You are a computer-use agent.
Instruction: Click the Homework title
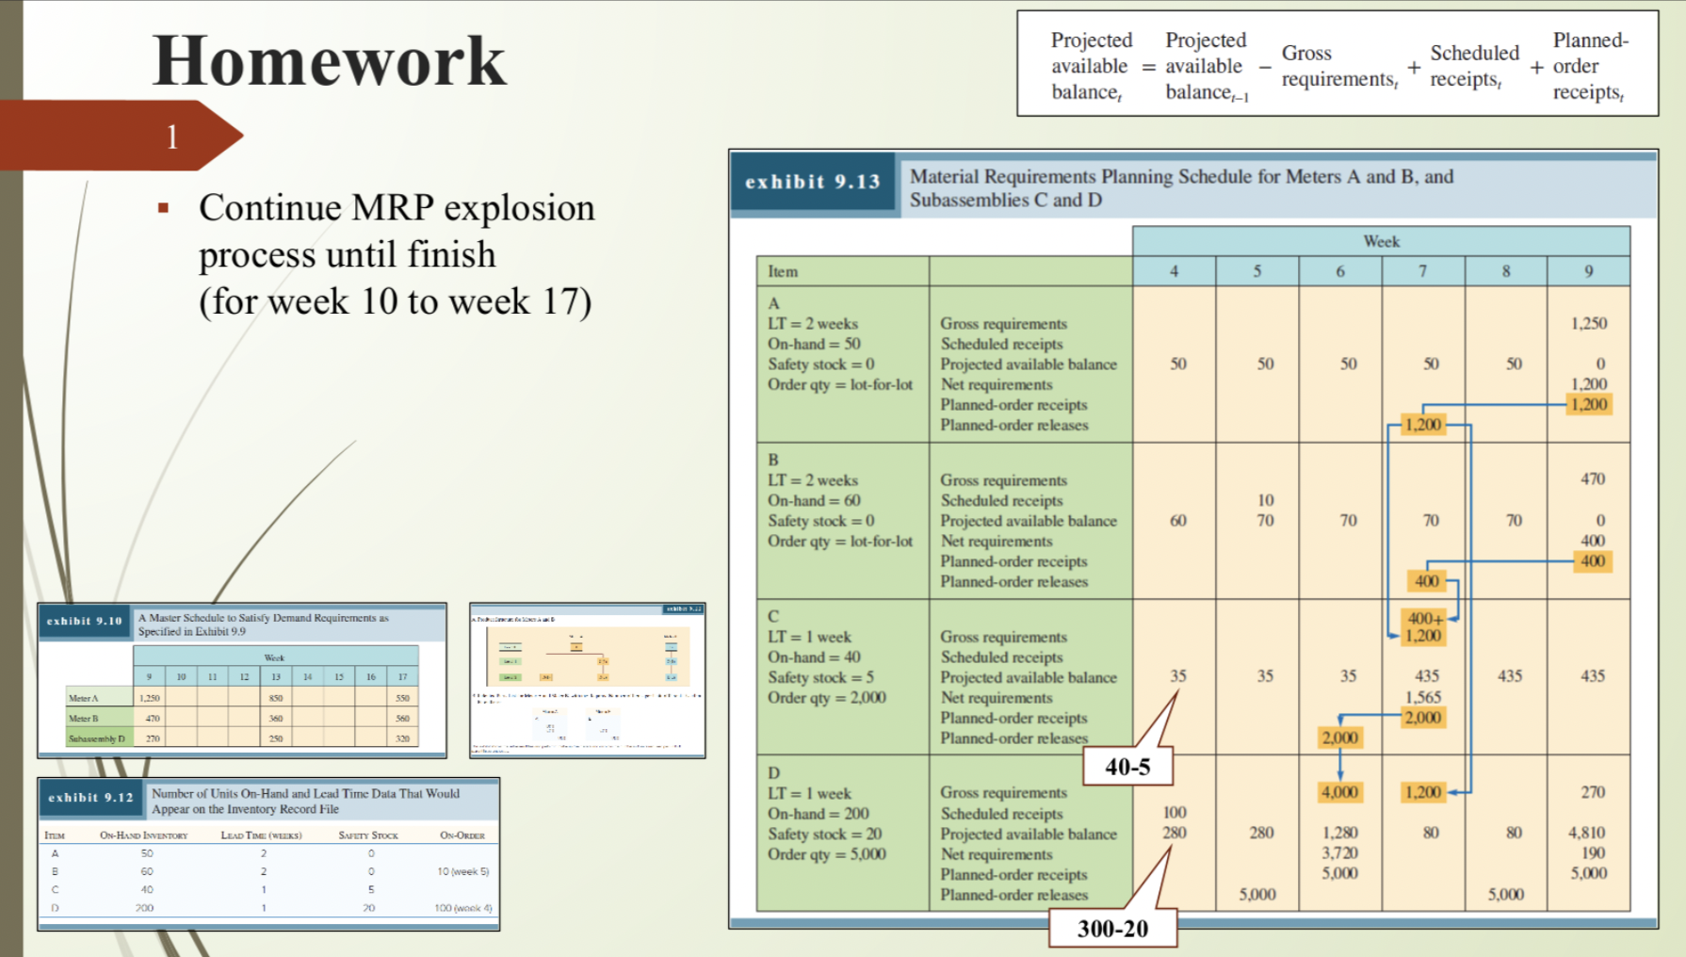coord(330,61)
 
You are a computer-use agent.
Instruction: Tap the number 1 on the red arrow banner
coord(172,138)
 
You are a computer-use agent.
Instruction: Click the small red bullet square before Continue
coord(164,208)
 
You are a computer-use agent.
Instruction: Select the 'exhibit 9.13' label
coord(813,183)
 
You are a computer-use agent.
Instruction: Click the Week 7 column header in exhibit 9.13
coord(1422,271)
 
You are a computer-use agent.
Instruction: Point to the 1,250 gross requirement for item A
coord(1588,324)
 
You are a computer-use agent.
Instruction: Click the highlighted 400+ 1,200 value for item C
coord(1423,627)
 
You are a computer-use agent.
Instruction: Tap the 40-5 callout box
coord(1127,767)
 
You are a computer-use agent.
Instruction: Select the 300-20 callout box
coord(1112,929)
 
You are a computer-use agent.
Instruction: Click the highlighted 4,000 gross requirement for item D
coord(1339,792)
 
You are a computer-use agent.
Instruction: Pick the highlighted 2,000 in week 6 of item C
coord(1339,738)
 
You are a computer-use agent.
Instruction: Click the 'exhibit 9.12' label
coord(91,798)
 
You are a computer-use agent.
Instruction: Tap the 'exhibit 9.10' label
coord(85,622)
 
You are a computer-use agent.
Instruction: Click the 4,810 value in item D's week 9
coord(1586,833)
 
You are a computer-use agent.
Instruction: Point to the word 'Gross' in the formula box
coord(1305,54)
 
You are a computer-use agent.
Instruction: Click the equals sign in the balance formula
coord(1148,67)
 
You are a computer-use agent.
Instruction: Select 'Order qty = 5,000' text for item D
coord(826,854)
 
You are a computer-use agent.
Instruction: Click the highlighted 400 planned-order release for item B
coord(1426,581)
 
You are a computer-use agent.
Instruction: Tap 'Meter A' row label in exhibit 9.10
coord(84,699)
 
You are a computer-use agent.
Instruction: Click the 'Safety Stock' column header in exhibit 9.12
coord(368,835)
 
